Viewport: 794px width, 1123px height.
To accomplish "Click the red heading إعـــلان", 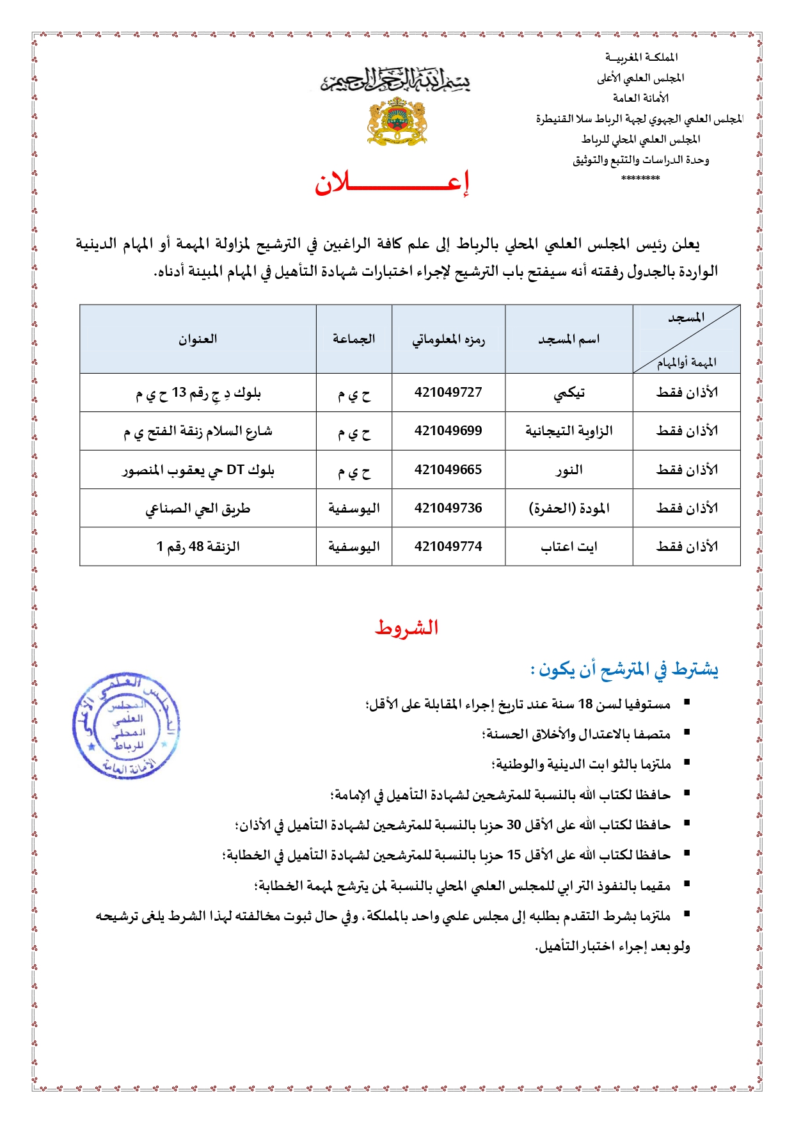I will pyautogui.click(x=392, y=184).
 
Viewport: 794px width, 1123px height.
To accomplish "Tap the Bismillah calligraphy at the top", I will pyautogui.click(x=395, y=81).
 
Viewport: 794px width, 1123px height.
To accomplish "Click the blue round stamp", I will pyautogui.click(x=126, y=726).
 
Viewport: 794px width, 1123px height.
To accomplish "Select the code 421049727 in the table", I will pyautogui.click(x=448, y=392).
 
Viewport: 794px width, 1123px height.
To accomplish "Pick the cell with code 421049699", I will pyautogui.click(x=448, y=431).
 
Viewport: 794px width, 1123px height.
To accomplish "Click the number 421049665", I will pyautogui.click(x=448, y=470).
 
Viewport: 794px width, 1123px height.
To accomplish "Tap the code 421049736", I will pyautogui.click(x=448, y=508).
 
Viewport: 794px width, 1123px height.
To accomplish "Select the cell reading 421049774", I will pyautogui.click(x=448, y=546).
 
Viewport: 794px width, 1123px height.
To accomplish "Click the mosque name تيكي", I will pyautogui.click(x=569, y=393).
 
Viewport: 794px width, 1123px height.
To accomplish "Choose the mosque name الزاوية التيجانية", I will pyautogui.click(x=569, y=431).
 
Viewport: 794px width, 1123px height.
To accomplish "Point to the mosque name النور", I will pyautogui.click(x=569, y=470).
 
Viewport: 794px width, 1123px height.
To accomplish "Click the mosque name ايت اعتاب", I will pyautogui.click(x=569, y=546).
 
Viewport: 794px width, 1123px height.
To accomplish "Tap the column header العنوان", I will pyautogui.click(x=198, y=338).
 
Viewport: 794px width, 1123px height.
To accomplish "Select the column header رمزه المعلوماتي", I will pyautogui.click(x=448, y=339).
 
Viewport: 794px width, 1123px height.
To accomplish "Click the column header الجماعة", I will pyautogui.click(x=353, y=338).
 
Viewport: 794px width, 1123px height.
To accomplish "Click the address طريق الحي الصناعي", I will pyautogui.click(x=198, y=509).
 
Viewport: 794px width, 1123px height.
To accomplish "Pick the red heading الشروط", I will pyautogui.click(x=406, y=627).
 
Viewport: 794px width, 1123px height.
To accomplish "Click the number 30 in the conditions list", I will pyautogui.click(x=514, y=825).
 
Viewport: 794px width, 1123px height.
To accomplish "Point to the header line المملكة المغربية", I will pyautogui.click(x=641, y=58).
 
